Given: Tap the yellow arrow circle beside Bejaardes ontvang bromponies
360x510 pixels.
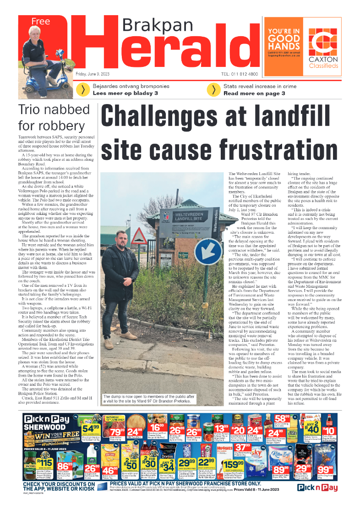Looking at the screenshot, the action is (82, 90).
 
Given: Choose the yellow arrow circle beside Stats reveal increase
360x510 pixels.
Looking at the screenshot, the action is (213, 90).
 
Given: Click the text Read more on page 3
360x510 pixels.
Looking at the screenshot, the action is (254, 93).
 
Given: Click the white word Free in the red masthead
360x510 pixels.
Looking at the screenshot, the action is (40, 22).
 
